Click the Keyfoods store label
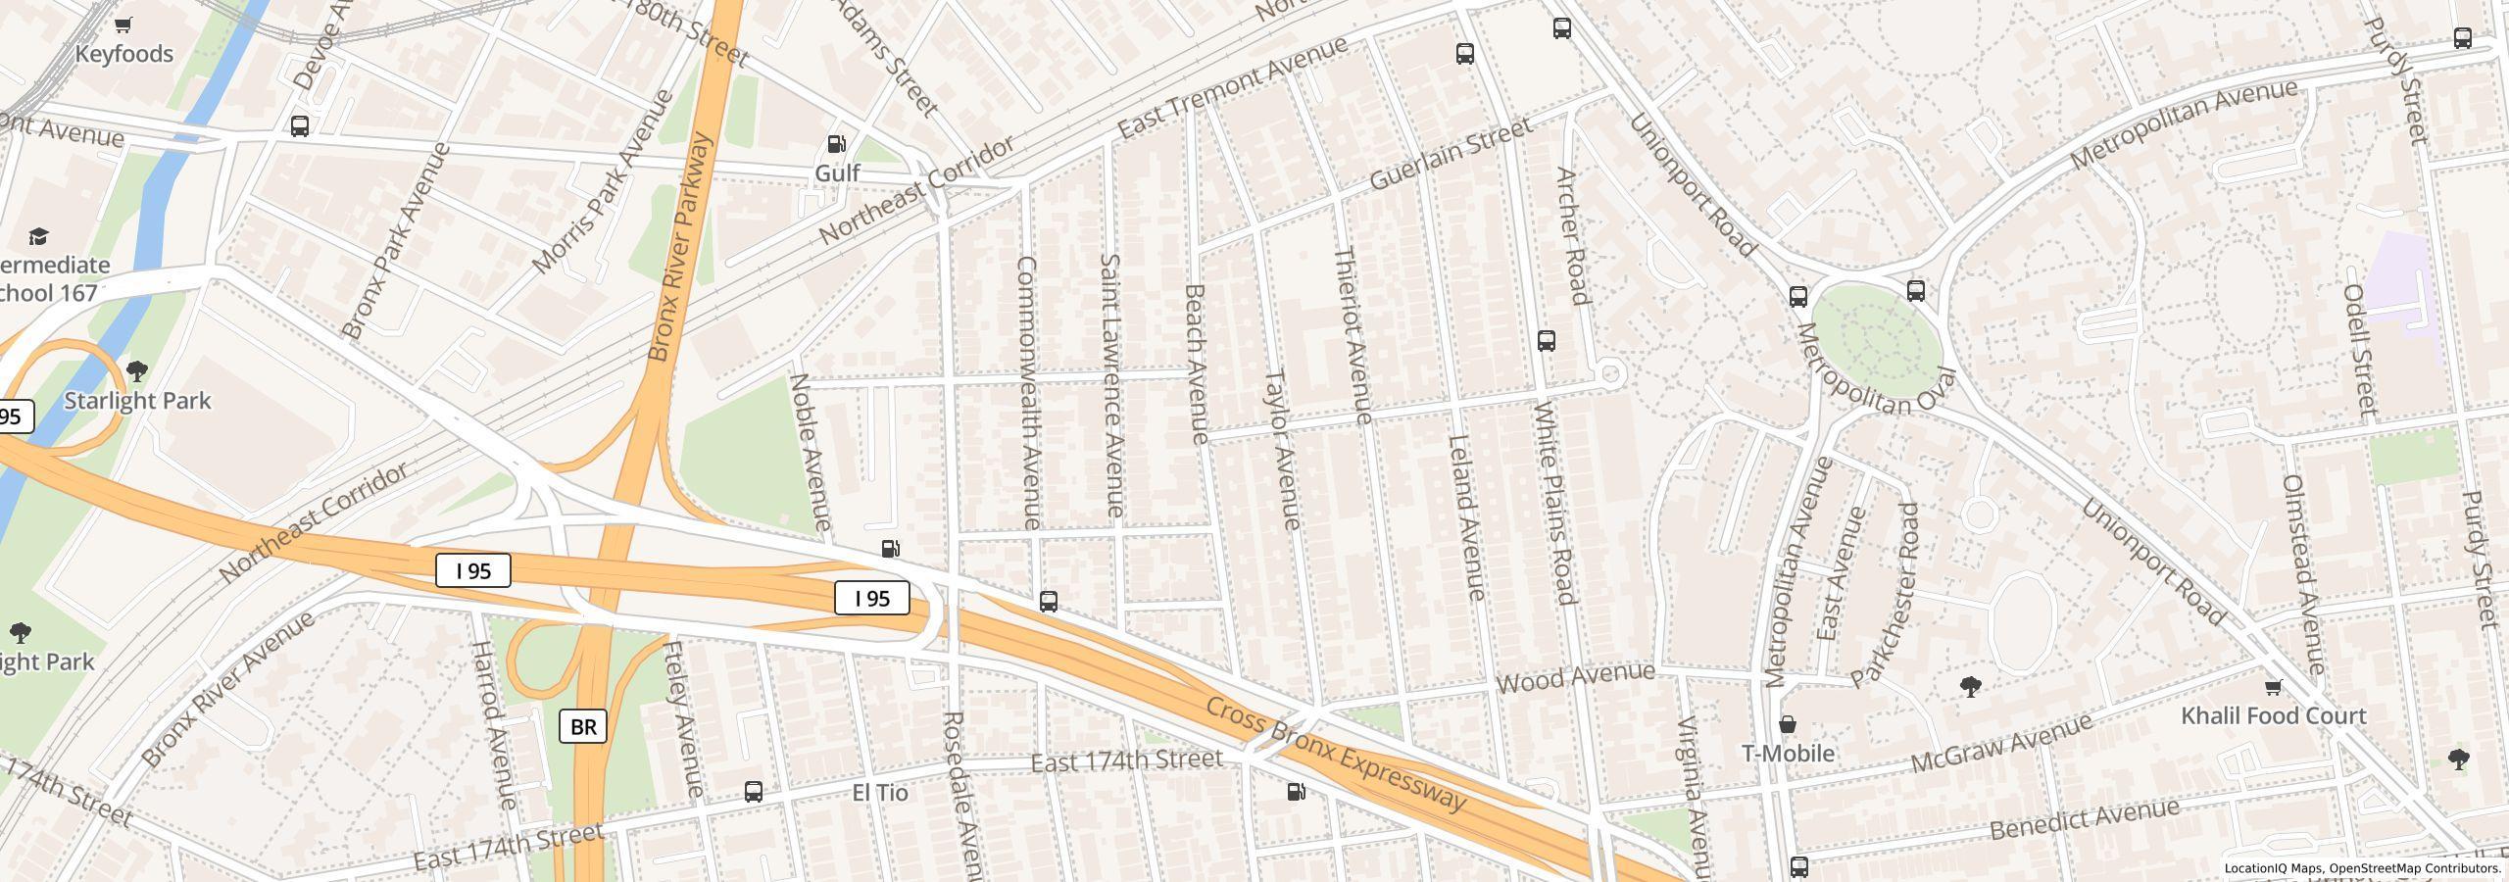click(124, 54)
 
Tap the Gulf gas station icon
click(837, 145)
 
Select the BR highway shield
click(583, 726)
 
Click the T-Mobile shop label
click(1788, 753)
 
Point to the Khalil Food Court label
click(2273, 715)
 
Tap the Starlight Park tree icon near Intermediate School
click(137, 371)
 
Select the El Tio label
click(879, 792)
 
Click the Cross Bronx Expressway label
click(1335, 756)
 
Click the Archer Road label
click(1571, 236)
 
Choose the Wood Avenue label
click(1575, 678)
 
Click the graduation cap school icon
click(38, 237)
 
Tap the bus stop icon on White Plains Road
click(1547, 341)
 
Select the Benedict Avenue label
click(2084, 819)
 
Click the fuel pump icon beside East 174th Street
click(1296, 792)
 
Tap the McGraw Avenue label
click(2001, 744)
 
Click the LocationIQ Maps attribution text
click(2362, 868)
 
